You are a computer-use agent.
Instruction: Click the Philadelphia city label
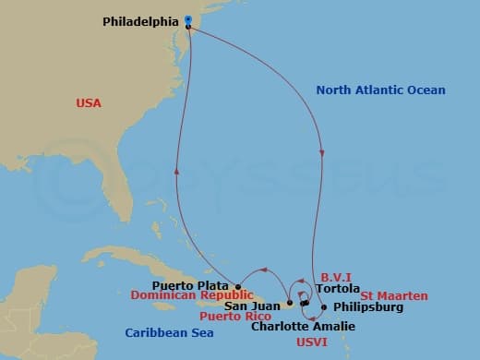point(138,18)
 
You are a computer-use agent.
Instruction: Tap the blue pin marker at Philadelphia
point(188,19)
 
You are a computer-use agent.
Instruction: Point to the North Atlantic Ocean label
point(380,90)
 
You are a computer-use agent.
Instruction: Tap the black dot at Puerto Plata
point(238,286)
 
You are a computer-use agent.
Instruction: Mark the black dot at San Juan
point(289,303)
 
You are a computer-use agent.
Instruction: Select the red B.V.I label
point(335,276)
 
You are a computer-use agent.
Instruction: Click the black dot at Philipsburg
point(324,306)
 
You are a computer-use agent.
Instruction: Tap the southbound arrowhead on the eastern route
point(322,154)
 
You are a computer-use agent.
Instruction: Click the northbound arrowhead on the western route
point(176,171)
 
